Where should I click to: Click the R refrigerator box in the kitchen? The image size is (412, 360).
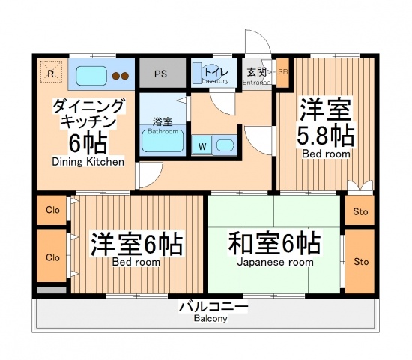click(x=50, y=73)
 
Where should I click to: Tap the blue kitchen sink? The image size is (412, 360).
click(x=90, y=75)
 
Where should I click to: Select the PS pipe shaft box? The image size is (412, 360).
click(x=160, y=73)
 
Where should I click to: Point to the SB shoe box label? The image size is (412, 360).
click(x=282, y=72)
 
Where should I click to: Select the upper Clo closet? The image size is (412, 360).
click(x=52, y=211)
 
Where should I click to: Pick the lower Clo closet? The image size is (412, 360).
click(x=52, y=256)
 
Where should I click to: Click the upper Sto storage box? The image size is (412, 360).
click(x=361, y=211)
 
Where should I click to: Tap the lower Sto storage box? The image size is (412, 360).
click(x=361, y=261)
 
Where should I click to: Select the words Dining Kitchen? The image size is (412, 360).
click(x=82, y=161)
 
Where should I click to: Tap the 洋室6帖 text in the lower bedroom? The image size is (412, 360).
click(x=137, y=244)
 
